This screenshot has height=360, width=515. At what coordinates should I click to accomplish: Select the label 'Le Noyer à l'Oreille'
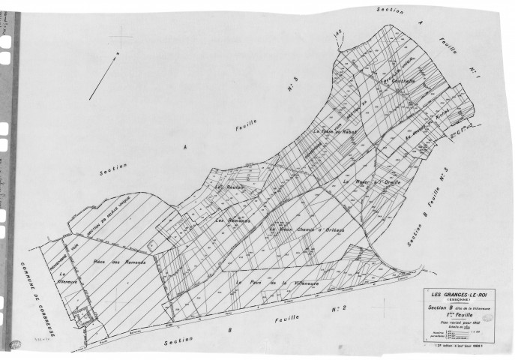click(373, 181)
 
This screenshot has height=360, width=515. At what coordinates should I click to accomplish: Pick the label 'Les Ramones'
click(232, 221)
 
